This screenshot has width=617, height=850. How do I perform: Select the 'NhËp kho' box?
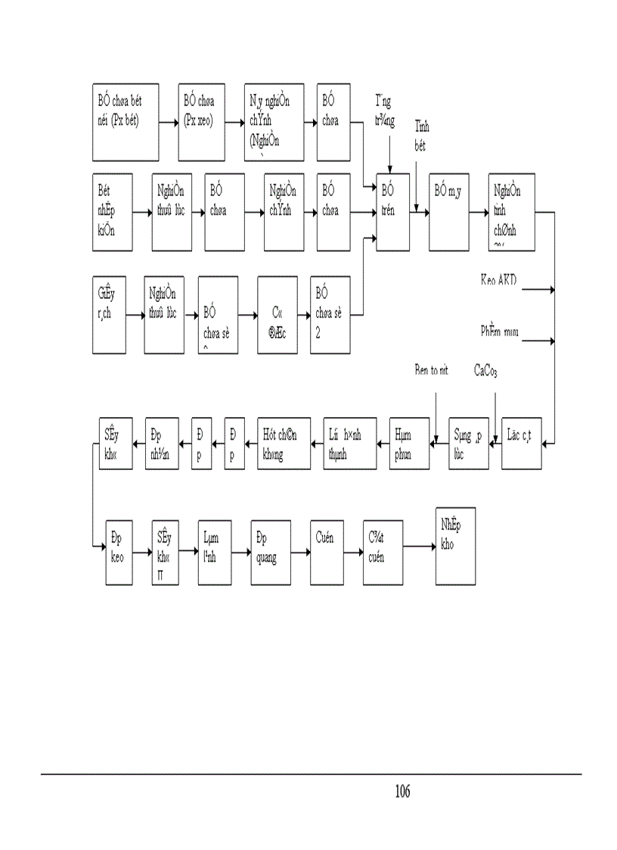click(x=455, y=545)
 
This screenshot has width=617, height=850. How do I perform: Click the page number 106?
click(x=402, y=792)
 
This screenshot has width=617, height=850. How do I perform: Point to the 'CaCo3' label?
click(x=485, y=370)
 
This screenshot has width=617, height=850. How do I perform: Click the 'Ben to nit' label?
click(x=432, y=370)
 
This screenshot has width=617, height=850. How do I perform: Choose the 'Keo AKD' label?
click(x=498, y=280)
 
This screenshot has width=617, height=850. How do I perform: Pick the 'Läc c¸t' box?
click(x=522, y=443)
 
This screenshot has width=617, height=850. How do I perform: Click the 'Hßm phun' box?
click(x=409, y=443)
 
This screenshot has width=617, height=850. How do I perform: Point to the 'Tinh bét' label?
click(x=421, y=136)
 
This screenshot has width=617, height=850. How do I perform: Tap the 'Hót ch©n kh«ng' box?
click(x=283, y=443)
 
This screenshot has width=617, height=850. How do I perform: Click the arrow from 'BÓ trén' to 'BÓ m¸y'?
click(x=419, y=213)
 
